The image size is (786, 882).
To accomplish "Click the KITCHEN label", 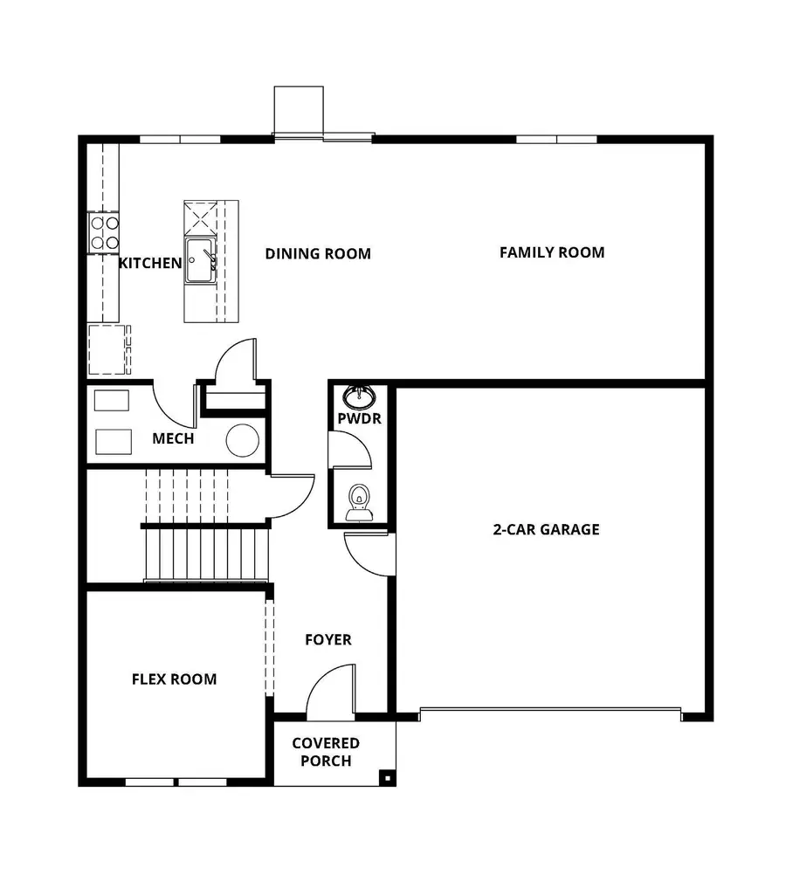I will coord(150,263).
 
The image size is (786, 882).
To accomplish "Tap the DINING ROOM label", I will coord(318,254).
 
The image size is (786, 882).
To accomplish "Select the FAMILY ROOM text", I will coord(551,252).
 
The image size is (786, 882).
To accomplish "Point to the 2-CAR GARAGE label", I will coord(545,529).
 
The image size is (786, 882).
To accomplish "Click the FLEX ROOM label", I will coord(174,679).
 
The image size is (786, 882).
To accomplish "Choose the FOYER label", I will coord(328,640).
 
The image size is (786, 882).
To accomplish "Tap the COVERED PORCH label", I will coord(326,752).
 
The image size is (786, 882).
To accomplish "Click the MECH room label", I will coord(173,438).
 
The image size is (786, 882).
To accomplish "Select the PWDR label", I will coord(359,419).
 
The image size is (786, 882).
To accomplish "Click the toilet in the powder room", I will coord(359,503).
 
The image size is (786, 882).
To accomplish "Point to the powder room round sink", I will coord(358,397).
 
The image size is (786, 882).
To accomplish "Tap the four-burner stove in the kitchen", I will coord(104,232).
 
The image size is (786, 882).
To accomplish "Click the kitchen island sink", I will coord(199,261).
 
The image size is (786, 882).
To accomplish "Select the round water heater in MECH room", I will coord(242,440).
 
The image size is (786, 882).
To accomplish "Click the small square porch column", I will coord(384,775).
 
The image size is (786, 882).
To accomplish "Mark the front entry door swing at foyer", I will coord(331,691).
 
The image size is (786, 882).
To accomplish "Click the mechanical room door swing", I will coord(173,402).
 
